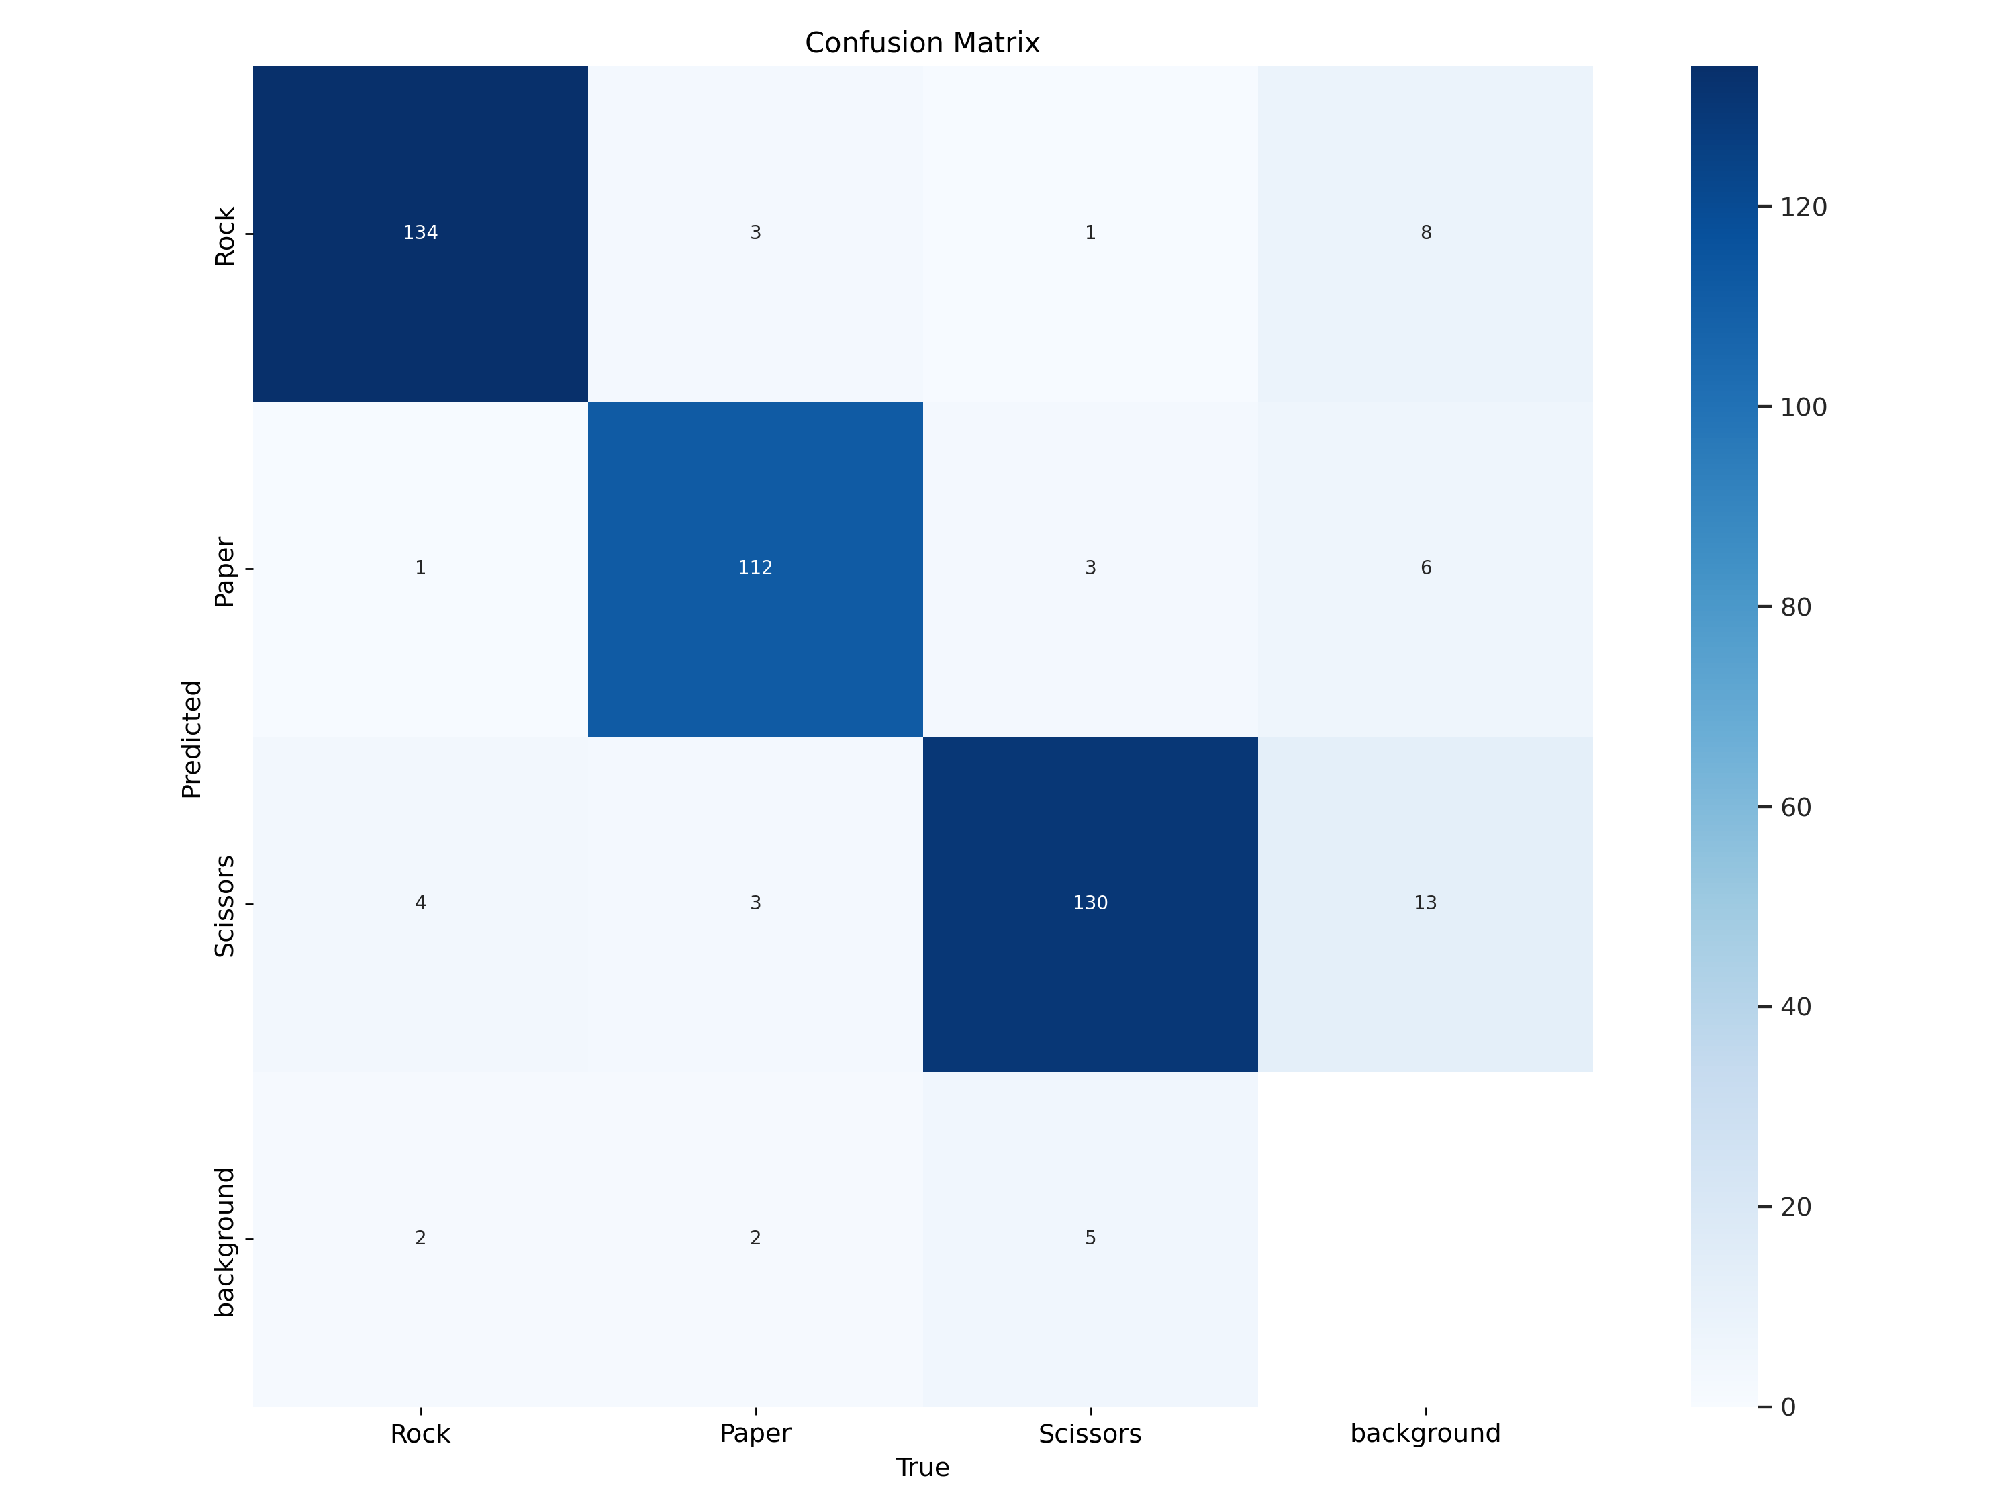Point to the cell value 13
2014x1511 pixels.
(1425, 903)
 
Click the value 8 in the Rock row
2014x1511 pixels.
(1426, 233)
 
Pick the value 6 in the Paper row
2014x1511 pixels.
(1426, 568)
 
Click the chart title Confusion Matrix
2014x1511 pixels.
(922, 43)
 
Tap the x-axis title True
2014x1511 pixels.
(922, 1467)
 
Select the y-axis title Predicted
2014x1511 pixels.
(191, 739)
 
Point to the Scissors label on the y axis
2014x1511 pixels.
(224, 905)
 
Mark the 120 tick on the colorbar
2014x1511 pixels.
(1803, 208)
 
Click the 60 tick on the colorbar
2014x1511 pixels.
(1796, 807)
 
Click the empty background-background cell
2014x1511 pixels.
(1425, 1238)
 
